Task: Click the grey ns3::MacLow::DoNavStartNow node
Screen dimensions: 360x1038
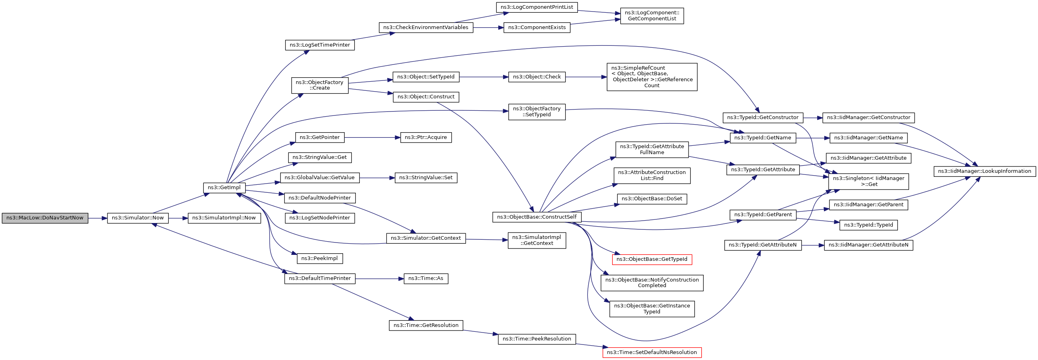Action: coord(45,218)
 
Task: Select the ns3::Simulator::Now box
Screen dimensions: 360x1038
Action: coord(138,218)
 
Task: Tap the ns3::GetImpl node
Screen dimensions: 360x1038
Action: coord(224,188)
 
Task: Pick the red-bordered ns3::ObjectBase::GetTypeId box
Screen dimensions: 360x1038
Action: coord(652,259)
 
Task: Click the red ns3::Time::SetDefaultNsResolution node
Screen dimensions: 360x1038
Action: coord(652,352)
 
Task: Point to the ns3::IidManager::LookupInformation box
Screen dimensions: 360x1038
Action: coord(984,171)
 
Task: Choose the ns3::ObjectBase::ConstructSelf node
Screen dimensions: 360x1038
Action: coord(537,217)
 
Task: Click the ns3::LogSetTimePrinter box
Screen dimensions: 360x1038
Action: coord(320,45)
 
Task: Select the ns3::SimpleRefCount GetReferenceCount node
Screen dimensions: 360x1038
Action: coord(652,77)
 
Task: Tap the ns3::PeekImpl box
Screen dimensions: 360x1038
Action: coord(320,258)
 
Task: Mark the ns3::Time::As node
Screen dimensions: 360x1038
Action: coord(425,279)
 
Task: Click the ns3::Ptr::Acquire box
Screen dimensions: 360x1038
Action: coord(425,137)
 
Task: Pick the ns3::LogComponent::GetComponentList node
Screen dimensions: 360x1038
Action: coord(652,16)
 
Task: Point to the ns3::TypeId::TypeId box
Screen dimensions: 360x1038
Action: coord(868,225)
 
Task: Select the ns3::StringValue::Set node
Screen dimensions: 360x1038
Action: coord(425,178)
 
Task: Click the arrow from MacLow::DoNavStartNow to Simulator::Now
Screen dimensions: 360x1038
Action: coord(98,218)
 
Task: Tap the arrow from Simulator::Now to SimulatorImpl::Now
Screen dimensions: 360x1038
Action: coord(178,218)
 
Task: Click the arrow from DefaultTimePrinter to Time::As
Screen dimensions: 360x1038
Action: coord(379,279)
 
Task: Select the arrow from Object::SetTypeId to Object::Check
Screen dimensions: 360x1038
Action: coord(484,77)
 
